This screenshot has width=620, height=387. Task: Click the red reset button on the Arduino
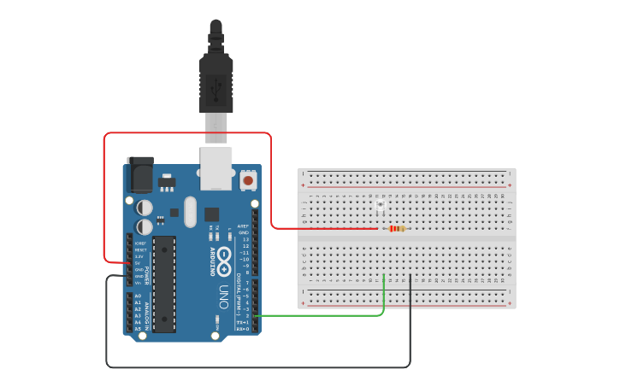point(248,180)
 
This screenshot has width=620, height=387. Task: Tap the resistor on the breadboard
point(396,228)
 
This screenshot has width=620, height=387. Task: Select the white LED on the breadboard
point(381,205)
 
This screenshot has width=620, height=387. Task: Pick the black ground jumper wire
point(257,366)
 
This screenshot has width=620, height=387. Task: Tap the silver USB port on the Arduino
point(216,167)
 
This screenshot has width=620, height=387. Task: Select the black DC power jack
point(139,174)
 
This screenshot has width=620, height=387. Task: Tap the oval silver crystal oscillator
point(190,211)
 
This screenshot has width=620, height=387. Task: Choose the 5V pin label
point(139,262)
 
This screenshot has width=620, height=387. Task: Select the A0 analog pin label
point(138,296)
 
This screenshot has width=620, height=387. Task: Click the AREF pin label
point(244,226)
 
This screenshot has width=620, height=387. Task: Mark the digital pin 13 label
point(245,239)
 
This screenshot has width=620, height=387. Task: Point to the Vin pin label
point(139,283)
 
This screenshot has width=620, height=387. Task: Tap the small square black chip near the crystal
point(211,214)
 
